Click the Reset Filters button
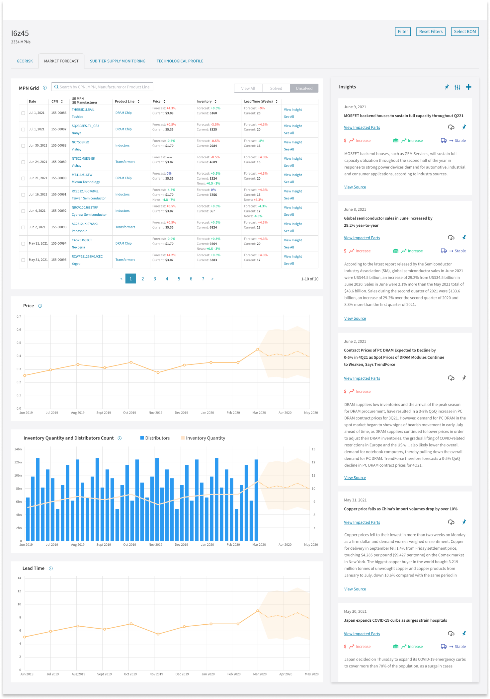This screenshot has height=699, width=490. (x=431, y=32)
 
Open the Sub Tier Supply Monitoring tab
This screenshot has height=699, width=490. (x=118, y=61)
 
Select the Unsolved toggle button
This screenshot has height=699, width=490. (x=304, y=88)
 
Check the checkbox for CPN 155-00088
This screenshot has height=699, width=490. (x=23, y=146)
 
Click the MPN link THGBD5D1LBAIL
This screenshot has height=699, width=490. (x=83, y=110)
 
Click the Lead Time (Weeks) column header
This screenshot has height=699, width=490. (x=258, y=102)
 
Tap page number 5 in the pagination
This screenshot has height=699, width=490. (x=179, y=279)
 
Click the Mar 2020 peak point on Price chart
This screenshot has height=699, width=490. (x=258, y=349)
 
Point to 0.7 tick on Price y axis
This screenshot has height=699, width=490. (x=19, y=317)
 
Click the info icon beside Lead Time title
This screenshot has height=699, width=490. (x=51, y=568)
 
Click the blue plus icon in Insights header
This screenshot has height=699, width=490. (x=468, y=87)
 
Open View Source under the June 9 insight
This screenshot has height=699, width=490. (x=355, y=187)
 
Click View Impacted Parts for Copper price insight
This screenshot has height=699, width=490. (x=362, y=522)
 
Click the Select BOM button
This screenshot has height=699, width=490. (x=464, y=32)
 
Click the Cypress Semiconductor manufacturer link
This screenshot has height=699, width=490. (x=89, y=215)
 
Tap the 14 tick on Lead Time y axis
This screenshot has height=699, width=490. (x=19, y=578)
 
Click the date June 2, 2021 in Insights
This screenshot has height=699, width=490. (x=355, y=342)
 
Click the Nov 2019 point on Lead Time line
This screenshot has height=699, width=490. (x=158, y=634)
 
